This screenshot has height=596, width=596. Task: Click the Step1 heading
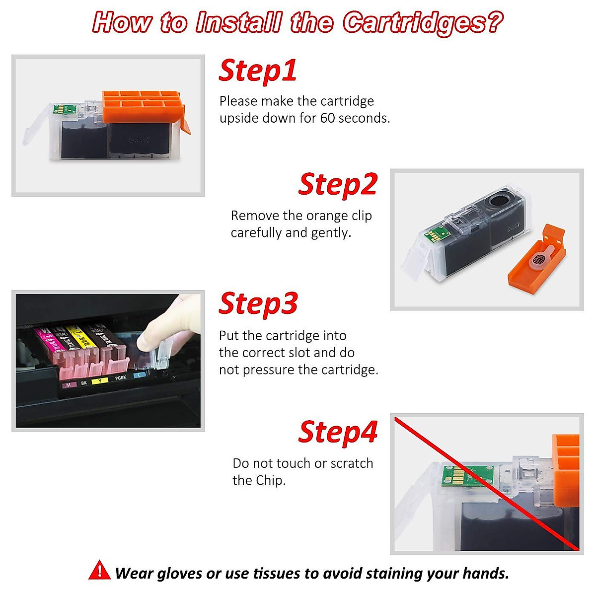(258, 71)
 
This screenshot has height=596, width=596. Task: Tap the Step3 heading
(258, 303)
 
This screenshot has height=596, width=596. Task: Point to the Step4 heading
(338, 432)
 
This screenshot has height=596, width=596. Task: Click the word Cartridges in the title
(422, 23)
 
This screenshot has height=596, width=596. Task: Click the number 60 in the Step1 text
(327, 118)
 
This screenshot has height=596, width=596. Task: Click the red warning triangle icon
(100, 570)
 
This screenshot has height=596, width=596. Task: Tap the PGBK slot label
(121, 378)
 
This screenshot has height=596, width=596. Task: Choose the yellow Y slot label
(100, 381)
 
